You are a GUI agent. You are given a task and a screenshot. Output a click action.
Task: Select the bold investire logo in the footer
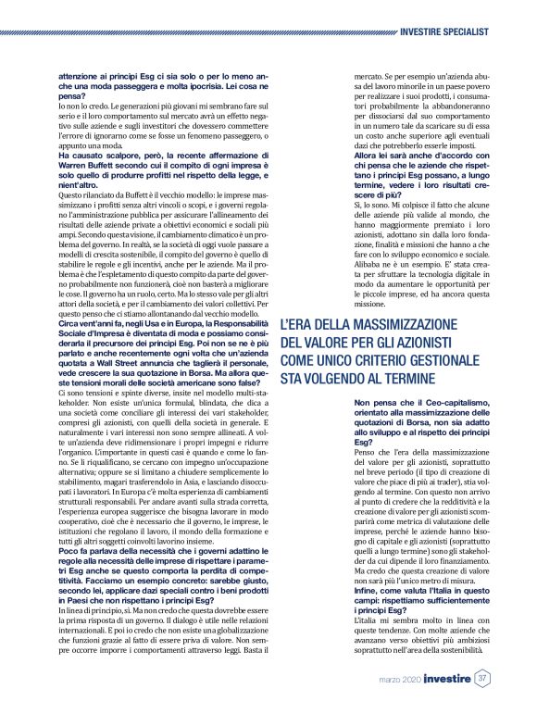[x=439, y=679]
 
